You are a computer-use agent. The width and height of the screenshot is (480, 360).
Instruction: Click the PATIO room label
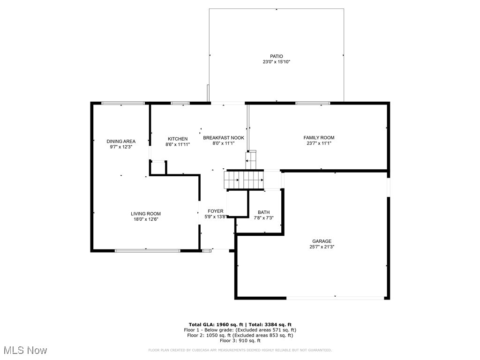[x=276, y=56]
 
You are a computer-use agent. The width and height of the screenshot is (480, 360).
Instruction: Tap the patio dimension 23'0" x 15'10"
[x=276, y=62]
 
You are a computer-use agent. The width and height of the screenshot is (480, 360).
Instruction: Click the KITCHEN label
[x=178, y=139]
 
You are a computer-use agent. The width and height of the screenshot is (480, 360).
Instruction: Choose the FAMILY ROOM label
[x=319, y=137]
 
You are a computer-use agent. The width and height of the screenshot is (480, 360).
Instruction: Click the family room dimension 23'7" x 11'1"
[x=319, y=143]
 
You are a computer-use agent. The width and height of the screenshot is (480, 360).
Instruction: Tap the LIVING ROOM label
[x=146, y=214]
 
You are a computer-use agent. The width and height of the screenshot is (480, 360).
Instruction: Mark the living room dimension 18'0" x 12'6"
[x=146, y=219]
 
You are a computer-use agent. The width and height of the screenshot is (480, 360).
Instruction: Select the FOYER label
[x=216, y=211]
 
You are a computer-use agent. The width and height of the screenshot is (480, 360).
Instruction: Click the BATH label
[x=263, y=212]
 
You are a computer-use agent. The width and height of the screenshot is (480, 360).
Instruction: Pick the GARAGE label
[x=322, y=241]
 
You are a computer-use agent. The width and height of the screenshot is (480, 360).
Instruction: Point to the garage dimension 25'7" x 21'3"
[x=322, y=247]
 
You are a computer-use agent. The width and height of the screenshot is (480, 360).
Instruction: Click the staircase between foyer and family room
[x=243, y=180]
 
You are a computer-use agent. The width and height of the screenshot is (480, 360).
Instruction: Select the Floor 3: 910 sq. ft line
[x=240, y=341]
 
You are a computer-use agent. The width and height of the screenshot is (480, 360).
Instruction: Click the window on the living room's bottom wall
[x=148, y=251]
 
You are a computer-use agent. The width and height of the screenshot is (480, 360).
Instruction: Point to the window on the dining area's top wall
[x=123, y=103]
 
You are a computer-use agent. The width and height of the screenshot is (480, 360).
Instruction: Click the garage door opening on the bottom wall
[x=335, y=298]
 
